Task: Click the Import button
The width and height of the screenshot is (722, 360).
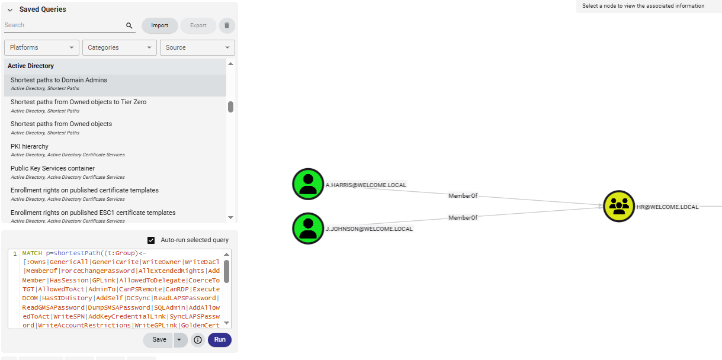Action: tap(159, 25)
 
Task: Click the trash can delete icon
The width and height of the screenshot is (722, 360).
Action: tap(227, 25)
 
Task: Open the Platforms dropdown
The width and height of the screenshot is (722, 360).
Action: tap(41, 47)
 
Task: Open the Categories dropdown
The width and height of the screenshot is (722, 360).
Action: tap(118, 47)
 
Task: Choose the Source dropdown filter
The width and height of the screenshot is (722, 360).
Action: tap(197, 47)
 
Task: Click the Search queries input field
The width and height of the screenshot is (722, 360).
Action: tap(64, 25)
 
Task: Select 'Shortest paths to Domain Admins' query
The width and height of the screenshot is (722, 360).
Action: tap(59, 80)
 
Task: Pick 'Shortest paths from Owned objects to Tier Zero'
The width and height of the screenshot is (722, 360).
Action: tap(78, 102)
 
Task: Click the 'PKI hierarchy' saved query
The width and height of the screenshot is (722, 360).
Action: tap(30, 146)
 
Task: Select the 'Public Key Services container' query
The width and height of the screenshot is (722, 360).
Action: tap(53, 168)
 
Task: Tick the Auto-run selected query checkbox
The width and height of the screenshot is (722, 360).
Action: tap(151, 240)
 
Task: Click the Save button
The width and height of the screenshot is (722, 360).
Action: tap(159, 340)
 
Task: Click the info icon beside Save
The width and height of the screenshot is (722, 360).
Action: tap(198, 340)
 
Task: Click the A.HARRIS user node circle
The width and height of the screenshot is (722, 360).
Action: tap(308, 184)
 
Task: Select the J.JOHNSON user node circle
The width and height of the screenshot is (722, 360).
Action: tap(308, 228)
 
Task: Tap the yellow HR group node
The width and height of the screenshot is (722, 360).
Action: tap(619, 207)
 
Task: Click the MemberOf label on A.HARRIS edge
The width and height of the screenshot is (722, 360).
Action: tap(463, 195)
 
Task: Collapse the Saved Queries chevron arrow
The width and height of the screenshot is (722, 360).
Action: tap(10, 10)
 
